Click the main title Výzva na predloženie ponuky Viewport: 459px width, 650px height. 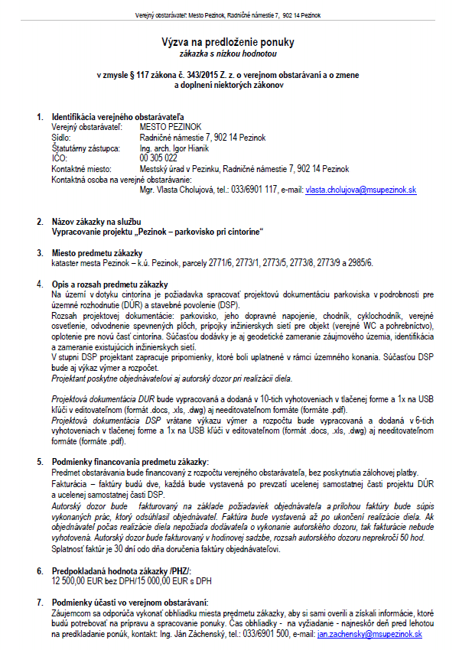(x=228, y=43)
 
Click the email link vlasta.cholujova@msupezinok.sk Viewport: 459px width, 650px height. (x=361, y=188)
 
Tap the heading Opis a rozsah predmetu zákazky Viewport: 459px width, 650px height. (x=109, y=284)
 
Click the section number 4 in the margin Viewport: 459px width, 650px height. (x=40, y=284)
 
